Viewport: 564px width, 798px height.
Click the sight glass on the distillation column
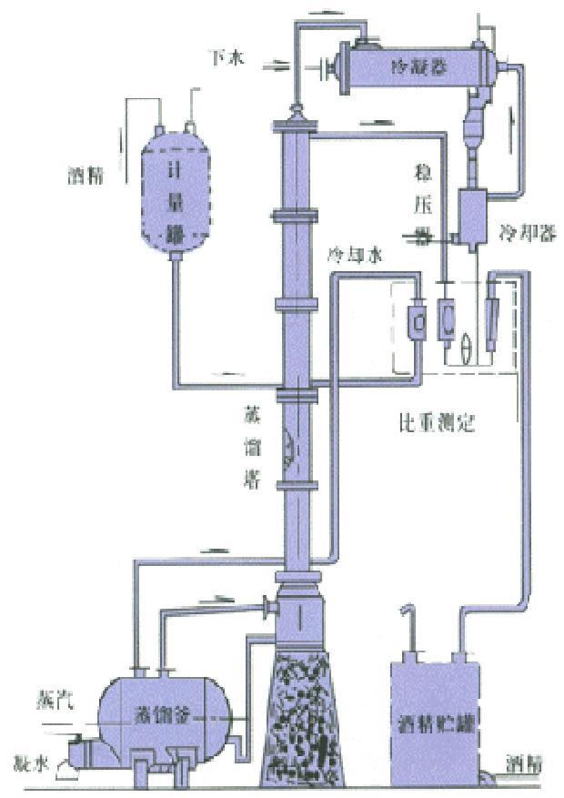pyautogui.click(x=288, y=446)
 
